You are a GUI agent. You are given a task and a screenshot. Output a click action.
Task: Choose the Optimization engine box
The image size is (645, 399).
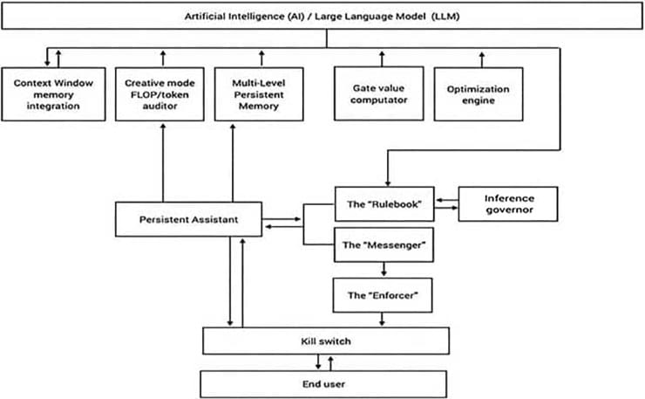coord(478,94)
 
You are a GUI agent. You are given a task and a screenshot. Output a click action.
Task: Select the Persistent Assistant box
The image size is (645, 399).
coord(188,218)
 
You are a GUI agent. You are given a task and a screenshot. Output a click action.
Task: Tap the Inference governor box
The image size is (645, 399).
coord(507,204)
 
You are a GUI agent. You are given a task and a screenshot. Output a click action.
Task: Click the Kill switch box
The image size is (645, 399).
coord(326,339)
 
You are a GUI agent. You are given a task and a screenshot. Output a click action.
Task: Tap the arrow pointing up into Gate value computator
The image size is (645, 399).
coord(380,58)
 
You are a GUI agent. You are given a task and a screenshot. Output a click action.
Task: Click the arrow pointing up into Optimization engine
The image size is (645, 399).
coord(479,58)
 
